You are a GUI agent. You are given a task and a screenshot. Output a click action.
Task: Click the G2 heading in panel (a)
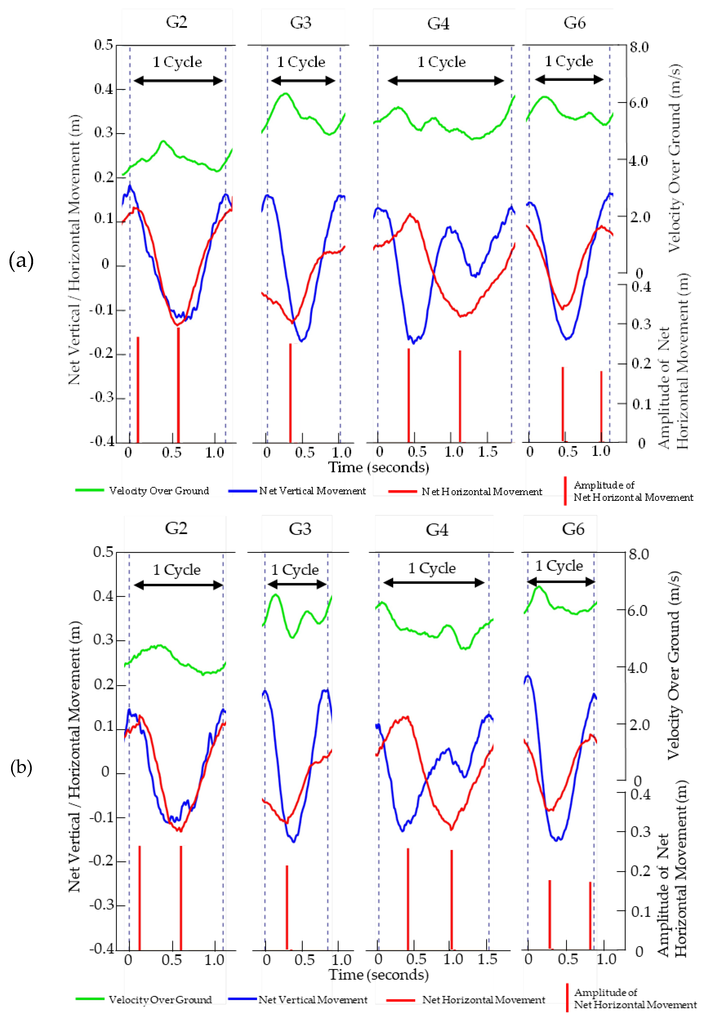(176, 22)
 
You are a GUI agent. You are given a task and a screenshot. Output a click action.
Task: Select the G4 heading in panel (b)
(437, 529)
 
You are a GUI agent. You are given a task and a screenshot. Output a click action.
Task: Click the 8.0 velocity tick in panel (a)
(639, 47)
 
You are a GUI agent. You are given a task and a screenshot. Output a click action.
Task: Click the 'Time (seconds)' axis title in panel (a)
(378, 467)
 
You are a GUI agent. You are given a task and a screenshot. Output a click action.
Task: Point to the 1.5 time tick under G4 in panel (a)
(488, 452)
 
